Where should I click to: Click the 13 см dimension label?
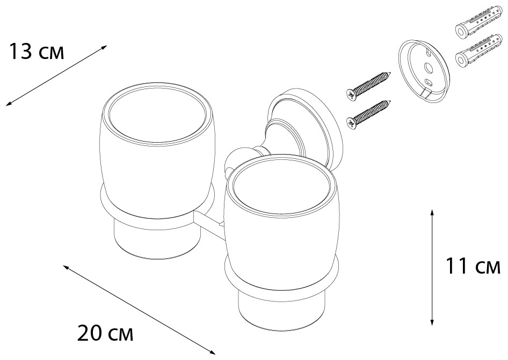tap(37, 52)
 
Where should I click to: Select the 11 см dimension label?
tap(473, 266)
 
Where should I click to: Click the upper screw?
tap(369, 84)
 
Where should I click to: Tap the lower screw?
tap(369, 114)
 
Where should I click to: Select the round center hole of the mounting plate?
tap(427, 68)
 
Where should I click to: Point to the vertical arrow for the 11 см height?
tap(432, 267)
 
